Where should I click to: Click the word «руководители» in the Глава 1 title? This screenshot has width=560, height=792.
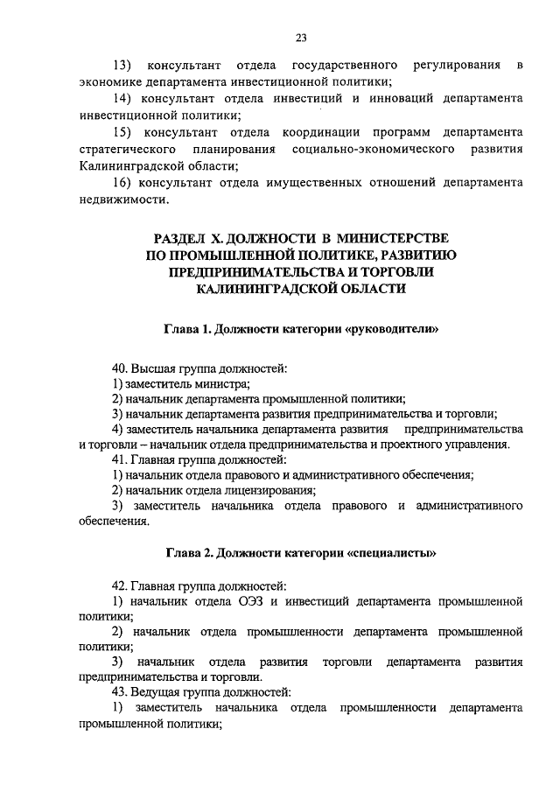click(391, 330)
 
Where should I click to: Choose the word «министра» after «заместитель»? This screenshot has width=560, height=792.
click(224, 382)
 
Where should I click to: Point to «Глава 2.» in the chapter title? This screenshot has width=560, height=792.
click(190, 552)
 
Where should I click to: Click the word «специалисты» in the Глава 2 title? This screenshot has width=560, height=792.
click(390, 552)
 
